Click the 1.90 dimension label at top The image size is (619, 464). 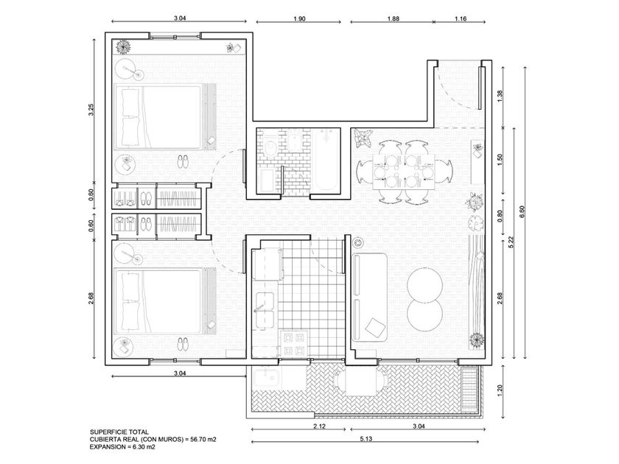[300, 18]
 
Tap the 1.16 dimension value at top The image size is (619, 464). [461, 18]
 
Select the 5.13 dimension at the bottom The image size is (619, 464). [366, 438]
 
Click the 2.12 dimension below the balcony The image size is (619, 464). [319, 426]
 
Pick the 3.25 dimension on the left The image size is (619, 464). [91, 109]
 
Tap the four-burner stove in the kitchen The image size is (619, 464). [294, 344]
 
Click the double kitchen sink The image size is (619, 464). [264, 311]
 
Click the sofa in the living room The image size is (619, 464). [369, 297]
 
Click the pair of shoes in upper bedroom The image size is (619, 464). [183, 161]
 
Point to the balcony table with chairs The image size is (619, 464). [361, 382]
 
